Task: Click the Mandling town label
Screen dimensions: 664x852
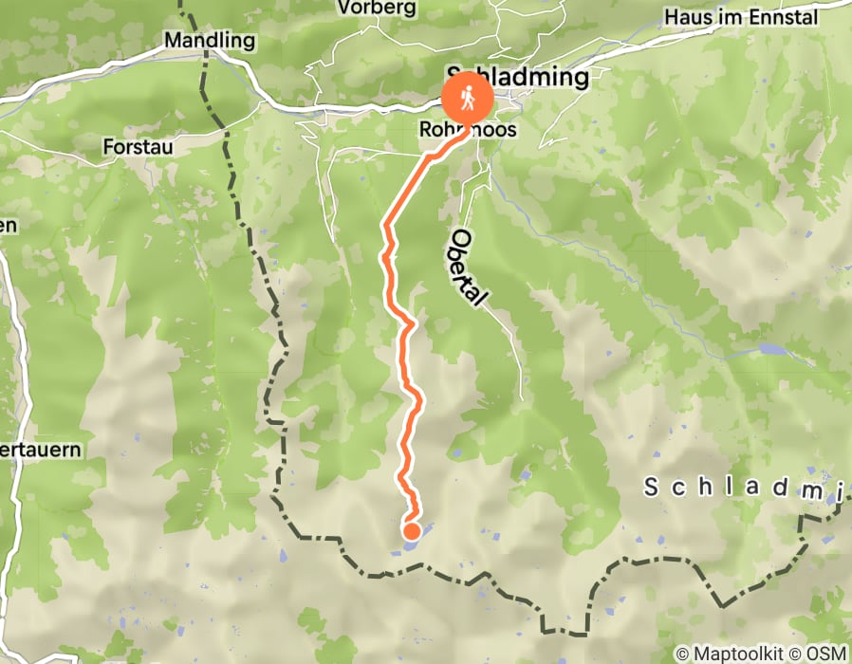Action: (210, 41)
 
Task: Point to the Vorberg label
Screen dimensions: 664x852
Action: (378, 9)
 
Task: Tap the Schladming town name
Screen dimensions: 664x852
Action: (518, 75)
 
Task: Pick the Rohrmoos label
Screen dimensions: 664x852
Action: (470, 128)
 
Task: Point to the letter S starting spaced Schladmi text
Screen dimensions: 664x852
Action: (651, 488)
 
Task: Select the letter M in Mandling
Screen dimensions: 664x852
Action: (172, 41)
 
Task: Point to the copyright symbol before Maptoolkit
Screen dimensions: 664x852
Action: (682, 654)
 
